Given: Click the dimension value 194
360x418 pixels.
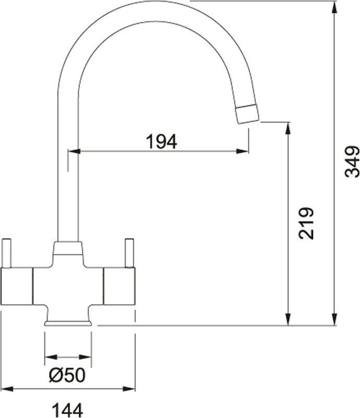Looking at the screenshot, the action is click(161, 142).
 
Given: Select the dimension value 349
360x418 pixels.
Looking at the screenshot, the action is click(352, 161).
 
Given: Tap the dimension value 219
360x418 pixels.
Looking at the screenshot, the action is click(306, 223).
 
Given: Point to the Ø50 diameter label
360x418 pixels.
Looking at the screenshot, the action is click(67, 375).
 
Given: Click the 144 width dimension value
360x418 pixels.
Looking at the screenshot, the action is click(67, 410).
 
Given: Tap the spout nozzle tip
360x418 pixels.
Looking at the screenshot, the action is click(248, 114).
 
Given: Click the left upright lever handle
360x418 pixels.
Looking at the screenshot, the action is click(6, 253).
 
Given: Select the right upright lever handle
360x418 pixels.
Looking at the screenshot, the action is click(130, 253).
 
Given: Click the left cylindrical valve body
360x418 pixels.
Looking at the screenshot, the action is click(17, 286).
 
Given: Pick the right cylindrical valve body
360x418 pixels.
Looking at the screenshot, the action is click(119, 286).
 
